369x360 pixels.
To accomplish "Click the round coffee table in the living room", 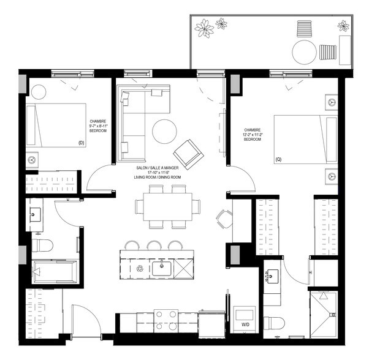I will (164, 130).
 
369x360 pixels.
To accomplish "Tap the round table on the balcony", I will (305, 52).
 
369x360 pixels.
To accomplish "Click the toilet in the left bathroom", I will (43, 246).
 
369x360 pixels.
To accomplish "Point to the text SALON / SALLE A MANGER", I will (159, 167).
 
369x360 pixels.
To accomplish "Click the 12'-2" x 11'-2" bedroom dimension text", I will (253, 135).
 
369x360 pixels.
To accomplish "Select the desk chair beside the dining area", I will (224, 217).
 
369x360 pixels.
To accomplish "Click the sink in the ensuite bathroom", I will (272, 277).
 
